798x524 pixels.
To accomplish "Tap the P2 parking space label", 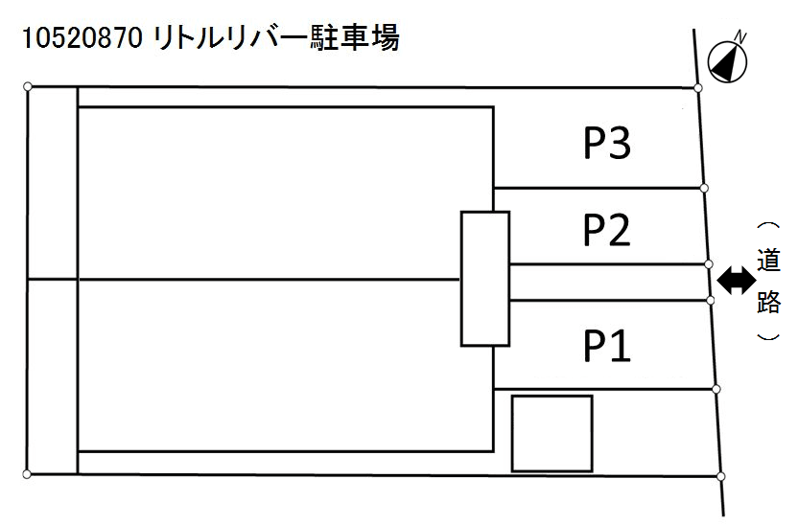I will (607, 230).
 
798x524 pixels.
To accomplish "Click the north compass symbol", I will (728, 59).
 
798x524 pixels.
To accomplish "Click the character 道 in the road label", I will (768, 261).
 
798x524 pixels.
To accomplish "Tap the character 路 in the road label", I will (768, 303).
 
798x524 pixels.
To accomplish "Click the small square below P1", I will (552, 433).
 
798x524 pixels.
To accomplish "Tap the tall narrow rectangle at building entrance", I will (484, 279).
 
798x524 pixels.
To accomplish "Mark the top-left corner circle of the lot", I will (28, 87).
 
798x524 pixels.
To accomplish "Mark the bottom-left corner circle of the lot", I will (28, 473).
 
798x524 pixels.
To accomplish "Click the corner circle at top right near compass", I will (698, 88).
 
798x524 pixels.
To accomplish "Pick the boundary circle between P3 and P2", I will (704, 188).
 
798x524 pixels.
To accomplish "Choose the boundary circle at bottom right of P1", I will (716, 389).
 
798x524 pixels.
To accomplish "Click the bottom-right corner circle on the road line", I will (721, 474).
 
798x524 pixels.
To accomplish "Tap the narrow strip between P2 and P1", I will (608, 283).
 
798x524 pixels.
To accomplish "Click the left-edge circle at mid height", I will (28, 280).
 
